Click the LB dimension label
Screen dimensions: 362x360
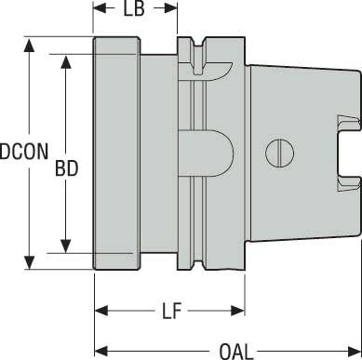(134, 9)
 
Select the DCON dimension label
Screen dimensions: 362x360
(24, 152)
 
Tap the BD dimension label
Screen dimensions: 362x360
(66, 169)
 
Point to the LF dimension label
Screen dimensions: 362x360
(171, 312)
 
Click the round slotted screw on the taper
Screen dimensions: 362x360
(279, 153)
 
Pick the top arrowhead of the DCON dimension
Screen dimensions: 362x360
(29, 46)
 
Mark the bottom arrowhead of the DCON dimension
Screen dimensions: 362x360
(29, 262)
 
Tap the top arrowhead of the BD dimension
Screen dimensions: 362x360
(65, 61)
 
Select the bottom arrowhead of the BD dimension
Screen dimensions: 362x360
(65, 247)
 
